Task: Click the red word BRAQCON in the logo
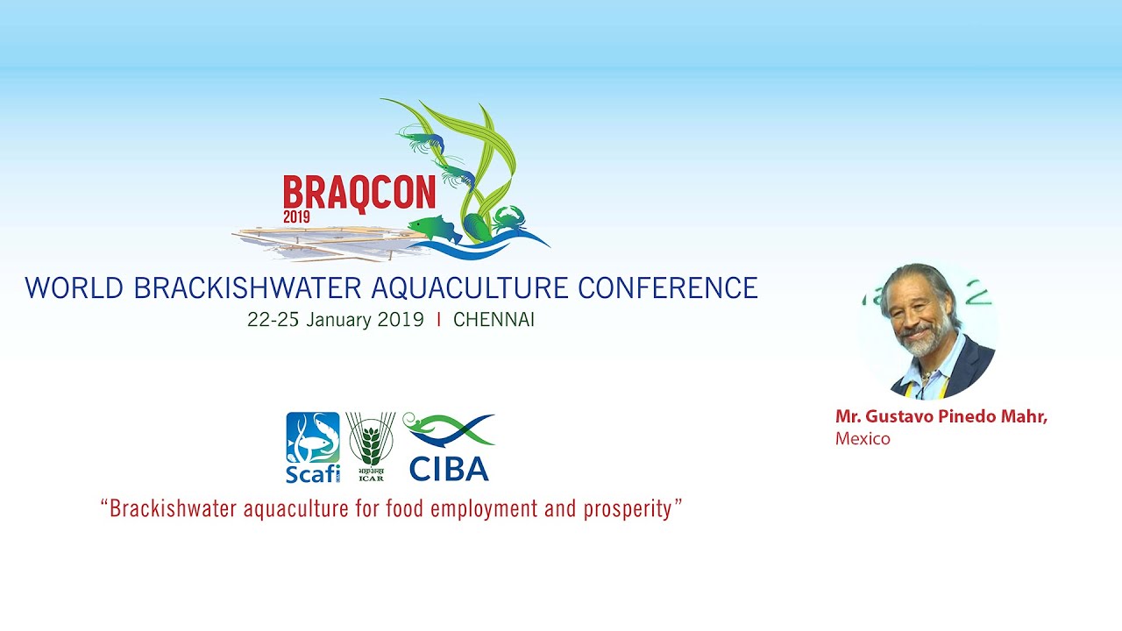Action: coord(359,193)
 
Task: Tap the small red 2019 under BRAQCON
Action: coord(296,216)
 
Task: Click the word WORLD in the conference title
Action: coord(75,288)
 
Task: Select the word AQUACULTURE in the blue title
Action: coord(470,288)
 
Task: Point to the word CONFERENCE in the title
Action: coord(668,288)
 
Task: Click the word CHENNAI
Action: coord(494,320)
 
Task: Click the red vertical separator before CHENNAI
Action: coord(439,320)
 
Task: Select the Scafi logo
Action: coord(313,447)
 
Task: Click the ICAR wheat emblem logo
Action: coord(371,446)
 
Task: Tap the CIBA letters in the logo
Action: coord(449,469)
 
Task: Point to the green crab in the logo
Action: coord(509,219)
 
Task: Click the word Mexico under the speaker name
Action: coord(863,439)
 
